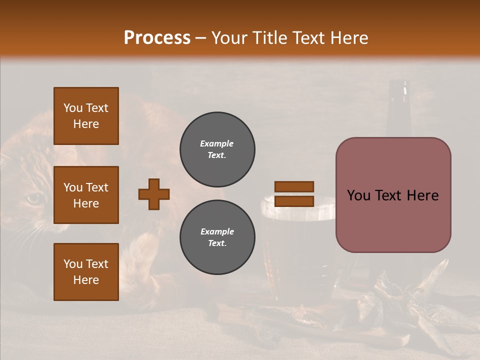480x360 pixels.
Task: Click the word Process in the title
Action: point(157,38)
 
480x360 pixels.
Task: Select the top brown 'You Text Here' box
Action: point(86,116)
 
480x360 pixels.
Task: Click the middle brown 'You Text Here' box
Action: point(86,195)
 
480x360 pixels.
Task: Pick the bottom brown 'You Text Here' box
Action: point(86,272)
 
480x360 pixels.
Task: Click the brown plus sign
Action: point(154,194)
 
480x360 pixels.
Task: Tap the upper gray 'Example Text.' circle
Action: point(217,149)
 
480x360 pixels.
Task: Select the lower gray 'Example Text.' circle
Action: point(217,237)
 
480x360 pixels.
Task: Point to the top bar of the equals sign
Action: point(294,186)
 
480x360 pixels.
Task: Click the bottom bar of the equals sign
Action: point(294,201)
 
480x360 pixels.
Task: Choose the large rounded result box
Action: point(393,195)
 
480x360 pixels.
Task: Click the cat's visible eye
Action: point(33,199)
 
